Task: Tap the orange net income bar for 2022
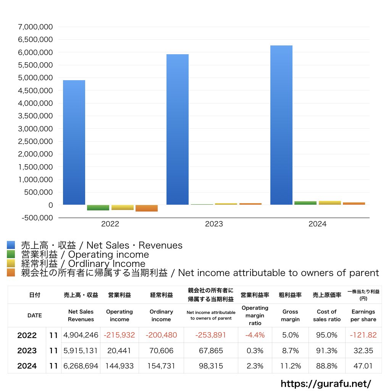click(147, 208)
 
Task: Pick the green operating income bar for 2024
click(305, 203)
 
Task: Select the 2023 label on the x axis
click(214, 224)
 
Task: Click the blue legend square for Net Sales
click(11, 245)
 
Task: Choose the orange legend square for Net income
click(11, 273)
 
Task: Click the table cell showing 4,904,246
click(81, 335)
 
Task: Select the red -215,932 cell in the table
click(119, 335)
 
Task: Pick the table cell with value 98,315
click(211, 366)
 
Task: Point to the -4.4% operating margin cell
click(255, 335)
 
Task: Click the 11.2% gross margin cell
click(290, 366)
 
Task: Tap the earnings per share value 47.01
click(363, 366)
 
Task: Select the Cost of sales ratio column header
click(326, 315)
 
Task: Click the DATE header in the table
click(34, 315)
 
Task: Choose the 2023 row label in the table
click(27, 351)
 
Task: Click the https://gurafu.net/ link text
click(326, 383)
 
